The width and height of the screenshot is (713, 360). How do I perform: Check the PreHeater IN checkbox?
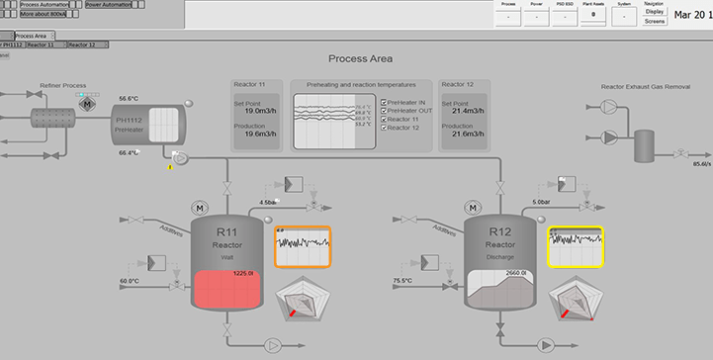coord(384,101)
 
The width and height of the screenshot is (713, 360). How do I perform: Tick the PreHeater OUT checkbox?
coord(384,110)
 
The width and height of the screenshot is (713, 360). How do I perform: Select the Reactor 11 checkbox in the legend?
coord(384,119)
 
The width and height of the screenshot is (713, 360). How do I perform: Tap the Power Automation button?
coord(114,5)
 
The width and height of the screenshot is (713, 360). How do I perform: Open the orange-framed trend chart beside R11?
coord(303,247)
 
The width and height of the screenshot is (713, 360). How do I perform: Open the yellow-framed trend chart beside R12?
coord(575,247)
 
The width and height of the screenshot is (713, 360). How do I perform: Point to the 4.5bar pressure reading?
coord(268,202)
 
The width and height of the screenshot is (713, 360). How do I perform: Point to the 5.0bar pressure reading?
coord(541,202)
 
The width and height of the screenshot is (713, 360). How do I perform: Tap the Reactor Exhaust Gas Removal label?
coord(645,87)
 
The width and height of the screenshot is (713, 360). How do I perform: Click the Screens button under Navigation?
coord(655,21)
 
